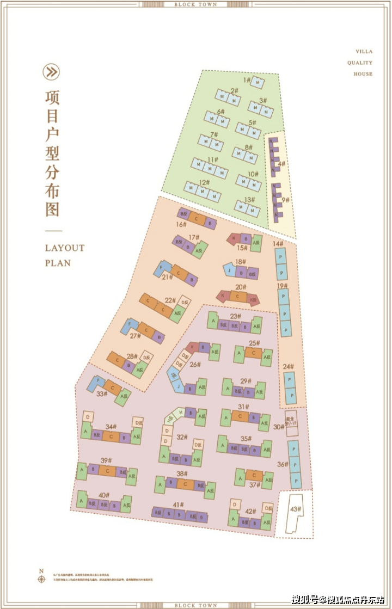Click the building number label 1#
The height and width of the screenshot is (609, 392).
pyautogui.click(x=247, y=80)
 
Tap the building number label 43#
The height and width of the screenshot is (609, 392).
pyautogui.click(x=295, y=509)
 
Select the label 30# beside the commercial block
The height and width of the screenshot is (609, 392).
pyautogui.click(x=279, y=427)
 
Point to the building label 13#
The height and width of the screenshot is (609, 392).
pyautogui.click(x=250, y=200)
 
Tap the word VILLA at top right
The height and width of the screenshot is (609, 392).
pyautogui.click(x=364, y=52)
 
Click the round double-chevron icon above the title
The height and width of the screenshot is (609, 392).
pyautogui.click(x=52, y=72)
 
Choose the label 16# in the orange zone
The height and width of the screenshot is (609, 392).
pyautogui.click(x=181, y=224)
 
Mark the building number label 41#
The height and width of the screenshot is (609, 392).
pyautogui.click(x=179, y=505)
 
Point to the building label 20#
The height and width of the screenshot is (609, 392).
pyautogui.click(x=241, y=287)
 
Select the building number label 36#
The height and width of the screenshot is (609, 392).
pyautogui.click(x=282, y=464)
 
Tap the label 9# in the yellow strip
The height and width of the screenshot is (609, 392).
pyautogui.click(x=285, y=200)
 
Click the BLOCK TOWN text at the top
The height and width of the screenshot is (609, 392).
pyautogui.click(x=196, y=4)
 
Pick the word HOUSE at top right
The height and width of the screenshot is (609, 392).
pyautogui.click(x=363, y=74)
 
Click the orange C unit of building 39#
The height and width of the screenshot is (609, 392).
pyautogui.click(x=107, y=471)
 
